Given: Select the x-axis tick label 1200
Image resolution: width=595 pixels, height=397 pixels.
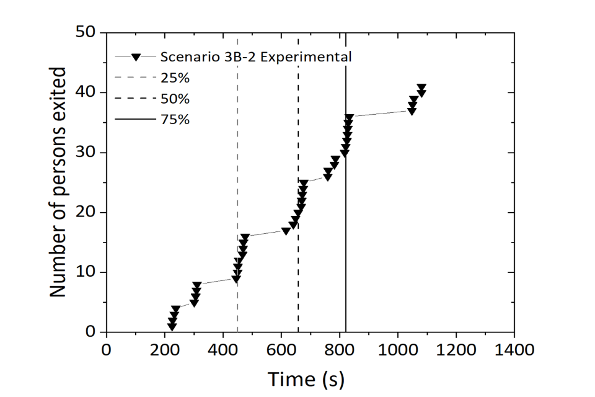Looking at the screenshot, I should [x=456, y=350].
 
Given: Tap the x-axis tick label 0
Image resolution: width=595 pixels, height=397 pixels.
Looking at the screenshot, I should [x=107, y=350].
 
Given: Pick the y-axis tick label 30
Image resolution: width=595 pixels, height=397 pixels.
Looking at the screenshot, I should [x=88, y=153].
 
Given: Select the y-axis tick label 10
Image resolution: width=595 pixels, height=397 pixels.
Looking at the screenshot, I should [x=88, y=272].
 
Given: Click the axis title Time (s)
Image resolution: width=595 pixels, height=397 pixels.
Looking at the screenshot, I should [x=306, y=377].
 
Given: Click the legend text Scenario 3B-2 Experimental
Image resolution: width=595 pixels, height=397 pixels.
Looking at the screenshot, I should [x=257, y=56].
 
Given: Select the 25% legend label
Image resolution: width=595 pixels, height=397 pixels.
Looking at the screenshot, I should [x=175, y=79].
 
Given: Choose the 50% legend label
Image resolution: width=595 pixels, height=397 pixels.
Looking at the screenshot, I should [x=175, y=99].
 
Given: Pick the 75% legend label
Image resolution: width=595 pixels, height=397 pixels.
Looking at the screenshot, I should [x=175, y=120].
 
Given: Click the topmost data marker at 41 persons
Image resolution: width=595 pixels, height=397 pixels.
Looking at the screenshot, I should [x=421, y=87].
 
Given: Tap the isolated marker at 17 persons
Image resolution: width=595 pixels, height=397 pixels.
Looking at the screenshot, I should [x=286, y=231].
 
